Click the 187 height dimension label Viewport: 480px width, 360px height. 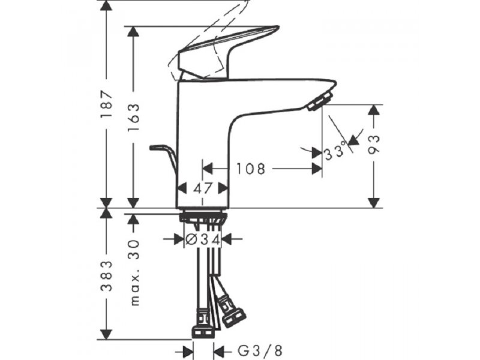point(107,104)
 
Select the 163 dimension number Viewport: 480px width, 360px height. point(133,118)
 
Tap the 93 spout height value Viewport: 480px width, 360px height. point(373,144)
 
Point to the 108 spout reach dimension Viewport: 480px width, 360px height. point(250,169)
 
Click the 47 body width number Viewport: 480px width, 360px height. point(203,188)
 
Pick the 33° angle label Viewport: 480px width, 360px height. point(335,152)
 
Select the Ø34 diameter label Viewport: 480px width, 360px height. point(203,239)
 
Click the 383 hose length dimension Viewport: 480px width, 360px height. point(107,276)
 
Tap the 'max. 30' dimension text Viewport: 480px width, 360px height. point(134,272)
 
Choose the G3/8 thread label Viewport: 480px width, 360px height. point(260,350)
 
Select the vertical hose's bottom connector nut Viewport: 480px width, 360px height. point(203,332)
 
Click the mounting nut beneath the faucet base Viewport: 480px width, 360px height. point(203,218)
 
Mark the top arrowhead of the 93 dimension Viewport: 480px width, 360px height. point(374,110)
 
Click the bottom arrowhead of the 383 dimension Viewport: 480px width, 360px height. point(106,334)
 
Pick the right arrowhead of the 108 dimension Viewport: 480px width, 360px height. point(317,169)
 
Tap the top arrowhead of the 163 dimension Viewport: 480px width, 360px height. point(133,31)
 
